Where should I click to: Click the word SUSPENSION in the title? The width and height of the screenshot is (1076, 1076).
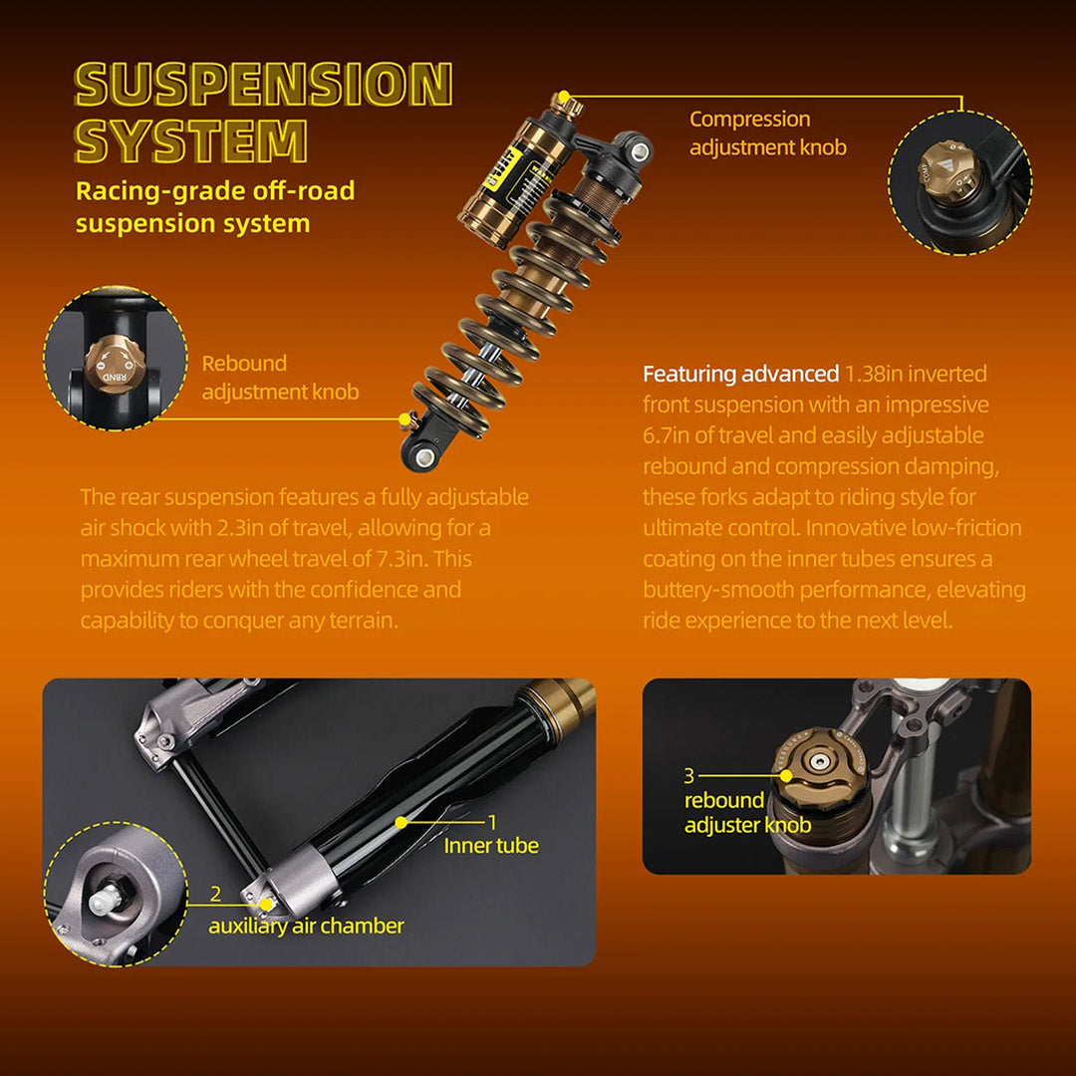264,85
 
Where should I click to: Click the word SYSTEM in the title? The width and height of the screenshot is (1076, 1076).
191,140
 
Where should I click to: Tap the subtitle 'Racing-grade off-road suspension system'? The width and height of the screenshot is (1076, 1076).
215,206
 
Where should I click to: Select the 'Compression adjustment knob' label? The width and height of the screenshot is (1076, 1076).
767,133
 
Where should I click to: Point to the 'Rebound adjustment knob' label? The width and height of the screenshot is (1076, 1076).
280,378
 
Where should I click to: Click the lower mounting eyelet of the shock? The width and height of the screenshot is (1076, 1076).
423,455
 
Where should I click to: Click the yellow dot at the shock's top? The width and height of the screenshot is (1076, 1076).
564,97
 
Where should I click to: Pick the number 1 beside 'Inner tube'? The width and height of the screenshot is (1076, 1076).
491,822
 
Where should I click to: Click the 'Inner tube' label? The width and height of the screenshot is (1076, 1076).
491,846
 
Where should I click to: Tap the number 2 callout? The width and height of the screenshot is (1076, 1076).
215,894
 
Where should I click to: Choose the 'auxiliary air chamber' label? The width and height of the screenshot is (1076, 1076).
306,926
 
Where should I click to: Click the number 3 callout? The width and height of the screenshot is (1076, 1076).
688,775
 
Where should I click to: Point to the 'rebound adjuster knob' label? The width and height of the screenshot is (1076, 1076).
746,812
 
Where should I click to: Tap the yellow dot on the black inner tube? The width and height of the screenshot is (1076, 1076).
401,823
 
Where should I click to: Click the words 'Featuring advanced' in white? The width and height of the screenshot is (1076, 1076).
740,375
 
